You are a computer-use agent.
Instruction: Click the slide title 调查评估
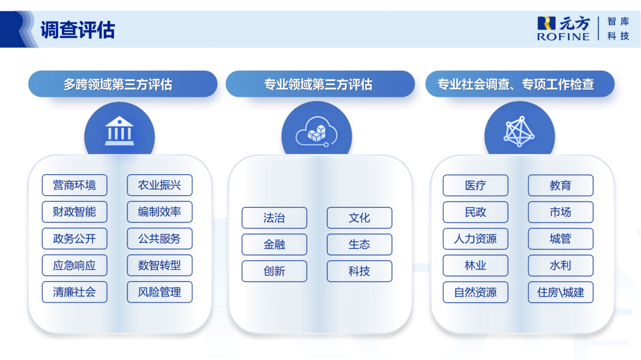pos(78,30)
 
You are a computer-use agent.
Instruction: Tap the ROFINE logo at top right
pos(563,28)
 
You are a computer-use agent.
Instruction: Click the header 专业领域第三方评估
pos(320,84)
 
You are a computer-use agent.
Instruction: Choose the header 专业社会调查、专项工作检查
pos(519,84)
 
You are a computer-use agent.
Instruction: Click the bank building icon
pos(119,132)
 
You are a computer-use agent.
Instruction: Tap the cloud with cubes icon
pos(316,132)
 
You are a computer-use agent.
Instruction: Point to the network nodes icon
pos(519,132)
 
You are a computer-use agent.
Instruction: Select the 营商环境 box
pos(74,185)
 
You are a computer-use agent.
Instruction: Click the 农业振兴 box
pos(160,185)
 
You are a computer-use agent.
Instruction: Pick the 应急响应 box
pos(74,265)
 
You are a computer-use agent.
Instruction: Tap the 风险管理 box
pos(160,292)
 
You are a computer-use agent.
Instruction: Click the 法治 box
pos(274,218)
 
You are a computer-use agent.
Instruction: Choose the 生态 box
pos(359,244)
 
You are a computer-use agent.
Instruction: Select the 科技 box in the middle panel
pos(359,271)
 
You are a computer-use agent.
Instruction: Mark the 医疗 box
pos(475,185)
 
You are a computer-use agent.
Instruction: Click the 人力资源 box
pos(475,238)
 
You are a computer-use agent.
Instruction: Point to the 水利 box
pos(560,265)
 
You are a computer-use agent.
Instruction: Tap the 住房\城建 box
pos(560,292)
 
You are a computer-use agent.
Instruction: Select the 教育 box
pos(560,185)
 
